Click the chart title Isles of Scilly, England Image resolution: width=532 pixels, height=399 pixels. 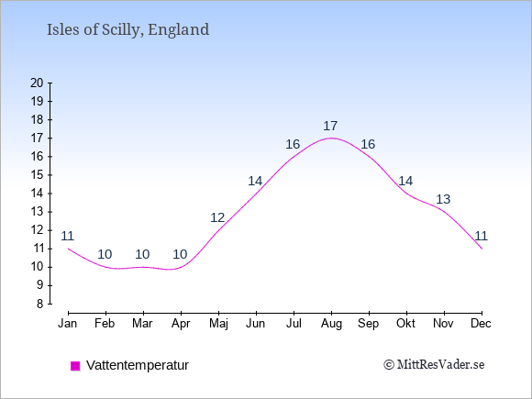click(x=127, y=30)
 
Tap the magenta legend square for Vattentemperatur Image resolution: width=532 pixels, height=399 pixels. click(x=75, y=366)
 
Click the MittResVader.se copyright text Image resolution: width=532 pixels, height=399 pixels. click(x=434, y=365)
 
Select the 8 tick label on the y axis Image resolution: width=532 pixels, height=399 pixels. click(x=40, y=304)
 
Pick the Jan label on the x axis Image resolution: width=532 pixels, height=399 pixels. click(x=68, y=324)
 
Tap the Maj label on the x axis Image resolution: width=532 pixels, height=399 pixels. click(x=218, y=324)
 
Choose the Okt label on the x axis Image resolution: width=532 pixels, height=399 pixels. click(x=405, y=324)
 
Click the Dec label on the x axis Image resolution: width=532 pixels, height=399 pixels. click(x=482, y=324)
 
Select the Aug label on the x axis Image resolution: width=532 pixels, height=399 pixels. click(x=331, y=324)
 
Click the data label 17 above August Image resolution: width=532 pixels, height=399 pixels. click(x=330, y=127)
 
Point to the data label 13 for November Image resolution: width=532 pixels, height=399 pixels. click(x=443, y=200)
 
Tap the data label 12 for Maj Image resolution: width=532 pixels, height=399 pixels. click(x=217, y=217)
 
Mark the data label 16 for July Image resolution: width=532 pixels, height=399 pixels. click(x=293, y=145)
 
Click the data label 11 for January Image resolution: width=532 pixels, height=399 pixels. click(x=67, y=236)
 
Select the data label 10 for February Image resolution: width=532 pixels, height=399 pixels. click(x=105, y=254)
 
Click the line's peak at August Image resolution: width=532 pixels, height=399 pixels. click(x=331, y=139)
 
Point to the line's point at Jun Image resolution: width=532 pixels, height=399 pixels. click(x=256, y=194)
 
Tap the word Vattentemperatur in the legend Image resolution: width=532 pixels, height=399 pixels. click(x=138, y=365)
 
